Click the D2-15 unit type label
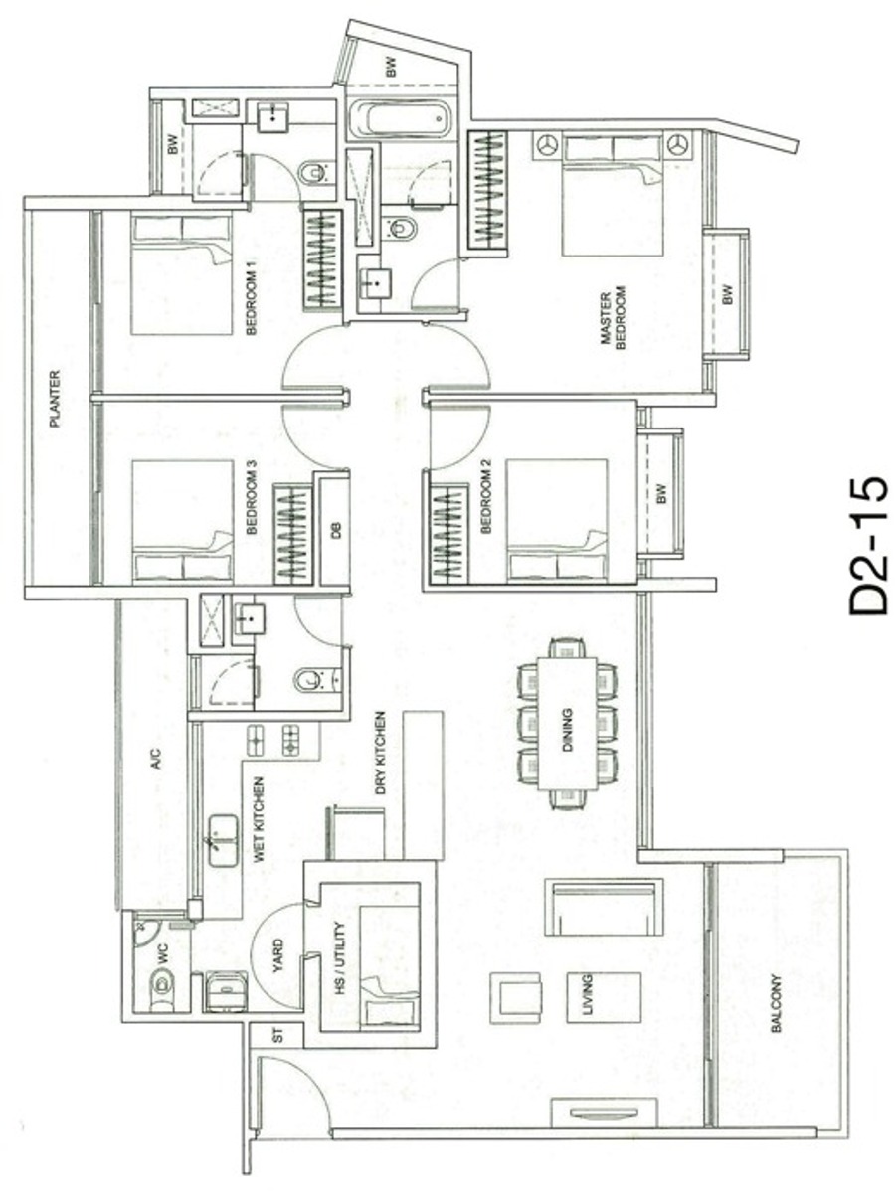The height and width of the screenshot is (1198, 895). [x=868, y=547]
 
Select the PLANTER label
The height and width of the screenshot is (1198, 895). [x=55, y=400]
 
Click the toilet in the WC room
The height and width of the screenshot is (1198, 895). [x=161, y=983]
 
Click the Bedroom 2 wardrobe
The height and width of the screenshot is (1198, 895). [x=449, y=534]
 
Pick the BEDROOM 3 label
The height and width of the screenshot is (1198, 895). [x=252, y=497]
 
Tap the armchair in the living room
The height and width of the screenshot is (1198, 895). [x=516, y=998]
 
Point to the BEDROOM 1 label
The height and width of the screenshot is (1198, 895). [x=252, y=298]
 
